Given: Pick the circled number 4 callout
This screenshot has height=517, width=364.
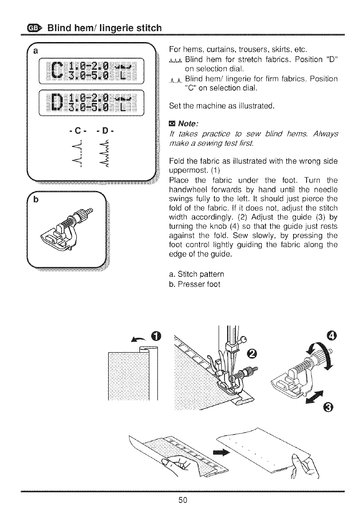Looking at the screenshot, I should (332, 336).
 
